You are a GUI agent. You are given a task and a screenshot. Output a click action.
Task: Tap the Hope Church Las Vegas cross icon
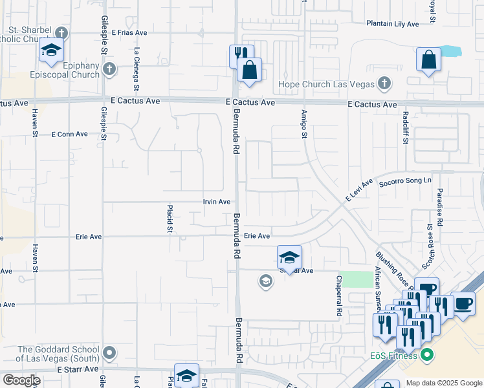(x=384, y=83)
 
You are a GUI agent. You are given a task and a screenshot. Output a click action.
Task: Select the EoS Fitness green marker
(x=426, y=354)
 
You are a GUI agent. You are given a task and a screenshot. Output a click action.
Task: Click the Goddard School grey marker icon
(x=109, y=353)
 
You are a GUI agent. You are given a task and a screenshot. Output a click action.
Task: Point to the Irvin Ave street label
(x=217, y=202)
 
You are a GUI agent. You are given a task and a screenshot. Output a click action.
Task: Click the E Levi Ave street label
(x=359, y=193)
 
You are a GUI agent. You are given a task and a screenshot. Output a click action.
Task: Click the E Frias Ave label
(x=129, y=32)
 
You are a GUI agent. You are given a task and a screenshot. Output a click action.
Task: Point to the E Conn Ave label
(x=69, y=134)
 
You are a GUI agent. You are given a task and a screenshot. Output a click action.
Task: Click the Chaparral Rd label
(x=338, y=296)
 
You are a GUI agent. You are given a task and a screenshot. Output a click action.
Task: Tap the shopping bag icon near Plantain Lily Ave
(x=428, y=60)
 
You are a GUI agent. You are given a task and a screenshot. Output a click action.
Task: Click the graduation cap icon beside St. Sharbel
(x=51, y=50)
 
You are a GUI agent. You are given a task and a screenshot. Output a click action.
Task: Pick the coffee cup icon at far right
(x=463, y=303)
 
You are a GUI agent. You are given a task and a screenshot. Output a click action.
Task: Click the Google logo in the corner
(x=21, y=380)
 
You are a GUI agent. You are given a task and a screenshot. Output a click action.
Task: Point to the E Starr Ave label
(x=77, y=369)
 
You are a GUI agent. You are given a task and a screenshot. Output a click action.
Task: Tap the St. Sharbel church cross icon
(x=61, y=32)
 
